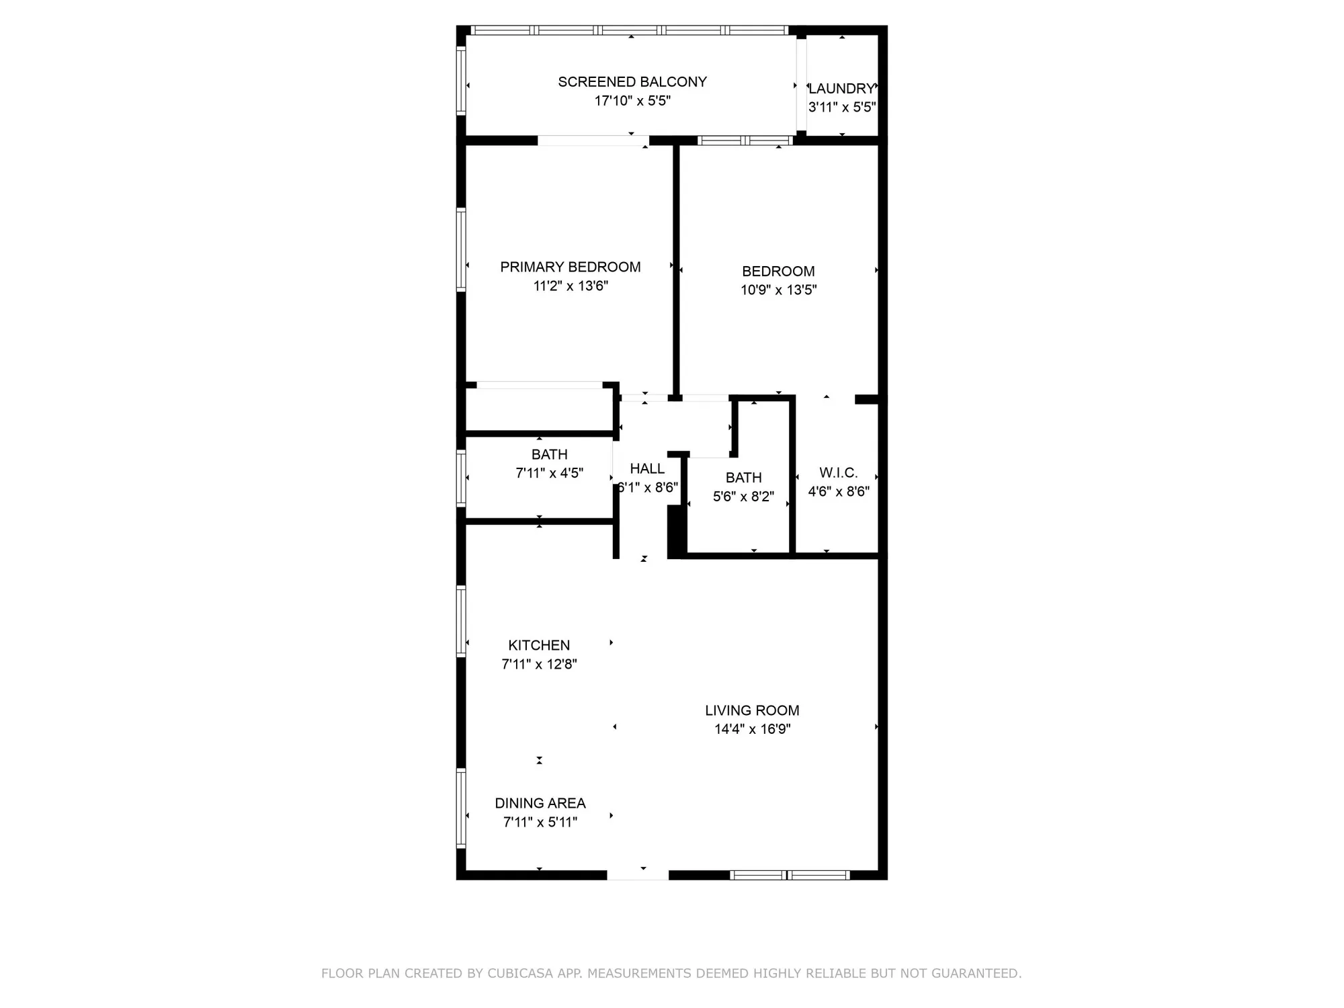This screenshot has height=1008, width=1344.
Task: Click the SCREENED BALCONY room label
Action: (632, 82)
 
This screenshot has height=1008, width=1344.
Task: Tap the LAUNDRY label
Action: (841, 89)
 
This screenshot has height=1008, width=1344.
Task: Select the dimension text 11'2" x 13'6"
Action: (571, 286)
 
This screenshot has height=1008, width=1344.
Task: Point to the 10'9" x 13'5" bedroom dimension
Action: (778, 290)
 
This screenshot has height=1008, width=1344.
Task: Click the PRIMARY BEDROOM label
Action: (570, 267)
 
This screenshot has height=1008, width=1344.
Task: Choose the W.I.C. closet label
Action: (838, 473)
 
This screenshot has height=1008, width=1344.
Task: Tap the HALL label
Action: (646, 469)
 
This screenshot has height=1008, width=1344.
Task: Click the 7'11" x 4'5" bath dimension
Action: (549, 473)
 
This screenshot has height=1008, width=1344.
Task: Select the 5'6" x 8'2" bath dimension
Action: (743, 497)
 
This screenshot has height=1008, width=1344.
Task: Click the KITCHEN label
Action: (539, 646)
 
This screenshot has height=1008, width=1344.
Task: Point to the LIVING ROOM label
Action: (751, 710)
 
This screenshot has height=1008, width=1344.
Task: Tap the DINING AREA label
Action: (540, 804)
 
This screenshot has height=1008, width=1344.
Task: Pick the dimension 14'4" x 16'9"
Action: (751, 729)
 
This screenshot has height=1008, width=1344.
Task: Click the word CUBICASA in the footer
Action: (521, 973)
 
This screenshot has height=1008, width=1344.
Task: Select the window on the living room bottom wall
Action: (790, 875)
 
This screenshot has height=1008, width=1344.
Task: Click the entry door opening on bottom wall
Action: (638, 875)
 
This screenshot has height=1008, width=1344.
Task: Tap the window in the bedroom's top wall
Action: (745, 140)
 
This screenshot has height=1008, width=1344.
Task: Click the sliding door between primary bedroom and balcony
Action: (593, 140)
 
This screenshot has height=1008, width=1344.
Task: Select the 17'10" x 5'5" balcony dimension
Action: (632, 101)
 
